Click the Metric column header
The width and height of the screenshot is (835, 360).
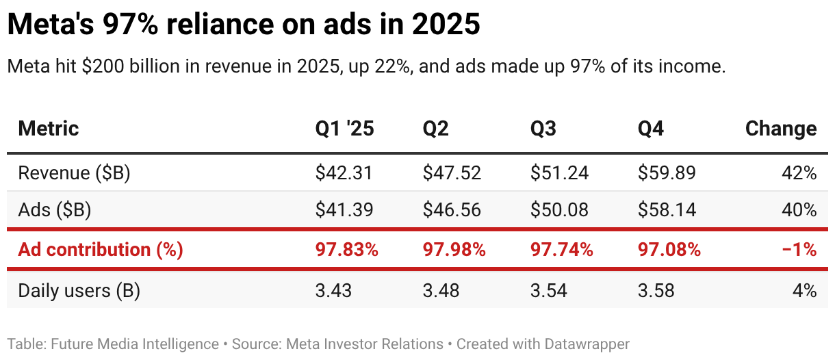point(49,129)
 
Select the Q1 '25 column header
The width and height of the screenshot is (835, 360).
point(344,129)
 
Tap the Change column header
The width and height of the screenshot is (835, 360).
point(780,129)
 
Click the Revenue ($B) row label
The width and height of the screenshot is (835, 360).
point(74,173)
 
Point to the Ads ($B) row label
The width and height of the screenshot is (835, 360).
point(55,210)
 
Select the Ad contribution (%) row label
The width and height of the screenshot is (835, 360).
point(101,250)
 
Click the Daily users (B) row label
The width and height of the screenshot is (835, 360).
point(79,291)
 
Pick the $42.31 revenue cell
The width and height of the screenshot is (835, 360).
point(344,173)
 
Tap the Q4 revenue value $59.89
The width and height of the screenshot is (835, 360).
point(667,173)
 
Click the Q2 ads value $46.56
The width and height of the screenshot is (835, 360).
point(452,210)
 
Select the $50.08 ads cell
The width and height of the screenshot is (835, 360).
point(559,210)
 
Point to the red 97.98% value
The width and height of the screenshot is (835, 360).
point(454,250)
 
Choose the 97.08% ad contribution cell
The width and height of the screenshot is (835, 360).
point(669,250)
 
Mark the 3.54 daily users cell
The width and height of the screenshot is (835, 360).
point(550,291)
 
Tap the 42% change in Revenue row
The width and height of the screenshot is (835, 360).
point(799,173)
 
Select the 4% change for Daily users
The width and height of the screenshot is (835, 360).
point(804,291)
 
